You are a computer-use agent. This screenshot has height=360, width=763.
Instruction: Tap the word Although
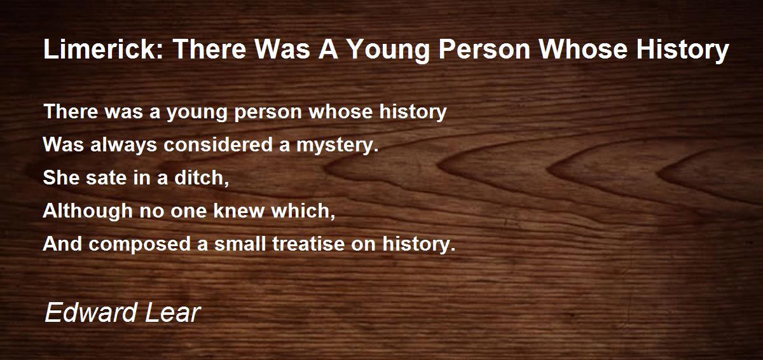(88, 211)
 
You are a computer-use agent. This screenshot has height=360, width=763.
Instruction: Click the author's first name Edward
(90, 313)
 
